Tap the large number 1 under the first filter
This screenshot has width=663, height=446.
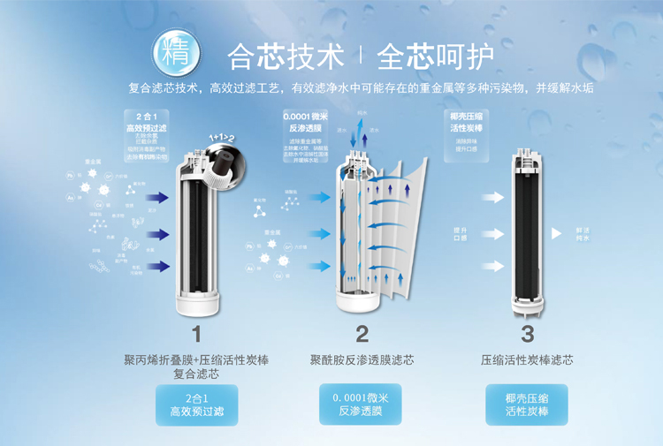(196, 334)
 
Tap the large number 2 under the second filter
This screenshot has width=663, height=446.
(362, 334)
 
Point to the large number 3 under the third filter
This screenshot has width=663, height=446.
(527, 334)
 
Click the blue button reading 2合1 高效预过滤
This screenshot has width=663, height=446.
(196, 404)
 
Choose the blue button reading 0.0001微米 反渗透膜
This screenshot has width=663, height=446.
(361, 404)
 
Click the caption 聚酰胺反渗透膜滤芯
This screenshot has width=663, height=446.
(362, 360)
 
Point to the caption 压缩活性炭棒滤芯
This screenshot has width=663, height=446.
(527, 360)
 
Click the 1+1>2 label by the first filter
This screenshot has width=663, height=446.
(222, 139)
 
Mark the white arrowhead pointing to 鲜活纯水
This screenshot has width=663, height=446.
(556, 233)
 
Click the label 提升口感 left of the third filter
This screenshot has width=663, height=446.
(460, 234)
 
